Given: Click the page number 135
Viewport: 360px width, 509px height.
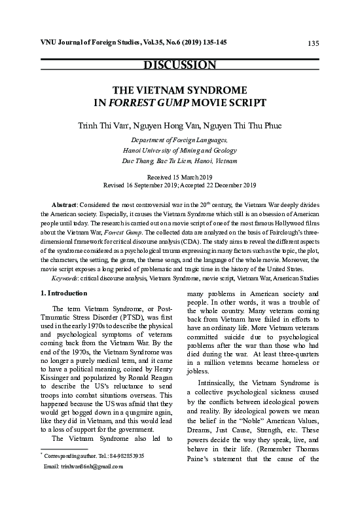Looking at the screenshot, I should (x=312, y=43).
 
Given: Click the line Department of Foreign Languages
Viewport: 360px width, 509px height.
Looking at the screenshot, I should (x=179, y=140).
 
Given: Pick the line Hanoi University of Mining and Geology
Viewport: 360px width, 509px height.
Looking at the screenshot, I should (x=179, y=150).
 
